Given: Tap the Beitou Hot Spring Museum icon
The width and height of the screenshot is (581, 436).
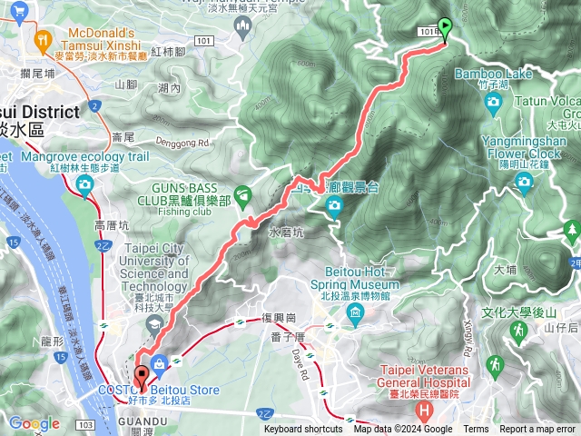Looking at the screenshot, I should [355, 313].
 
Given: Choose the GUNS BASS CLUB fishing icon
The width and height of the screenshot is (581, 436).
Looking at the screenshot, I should [242, 193].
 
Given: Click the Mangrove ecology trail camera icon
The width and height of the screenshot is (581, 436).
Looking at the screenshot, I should [85, 187].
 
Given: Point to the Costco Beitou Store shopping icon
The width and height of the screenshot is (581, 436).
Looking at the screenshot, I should [160, 364].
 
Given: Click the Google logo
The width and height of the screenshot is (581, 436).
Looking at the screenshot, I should [34, 423].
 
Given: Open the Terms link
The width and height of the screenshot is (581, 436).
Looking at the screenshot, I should [476, 430].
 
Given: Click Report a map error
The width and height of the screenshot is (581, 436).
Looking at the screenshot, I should [537, 430].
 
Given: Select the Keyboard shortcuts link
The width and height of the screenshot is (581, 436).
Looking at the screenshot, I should [304, 430].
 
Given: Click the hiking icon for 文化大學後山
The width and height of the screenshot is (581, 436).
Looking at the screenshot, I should [517, 332].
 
